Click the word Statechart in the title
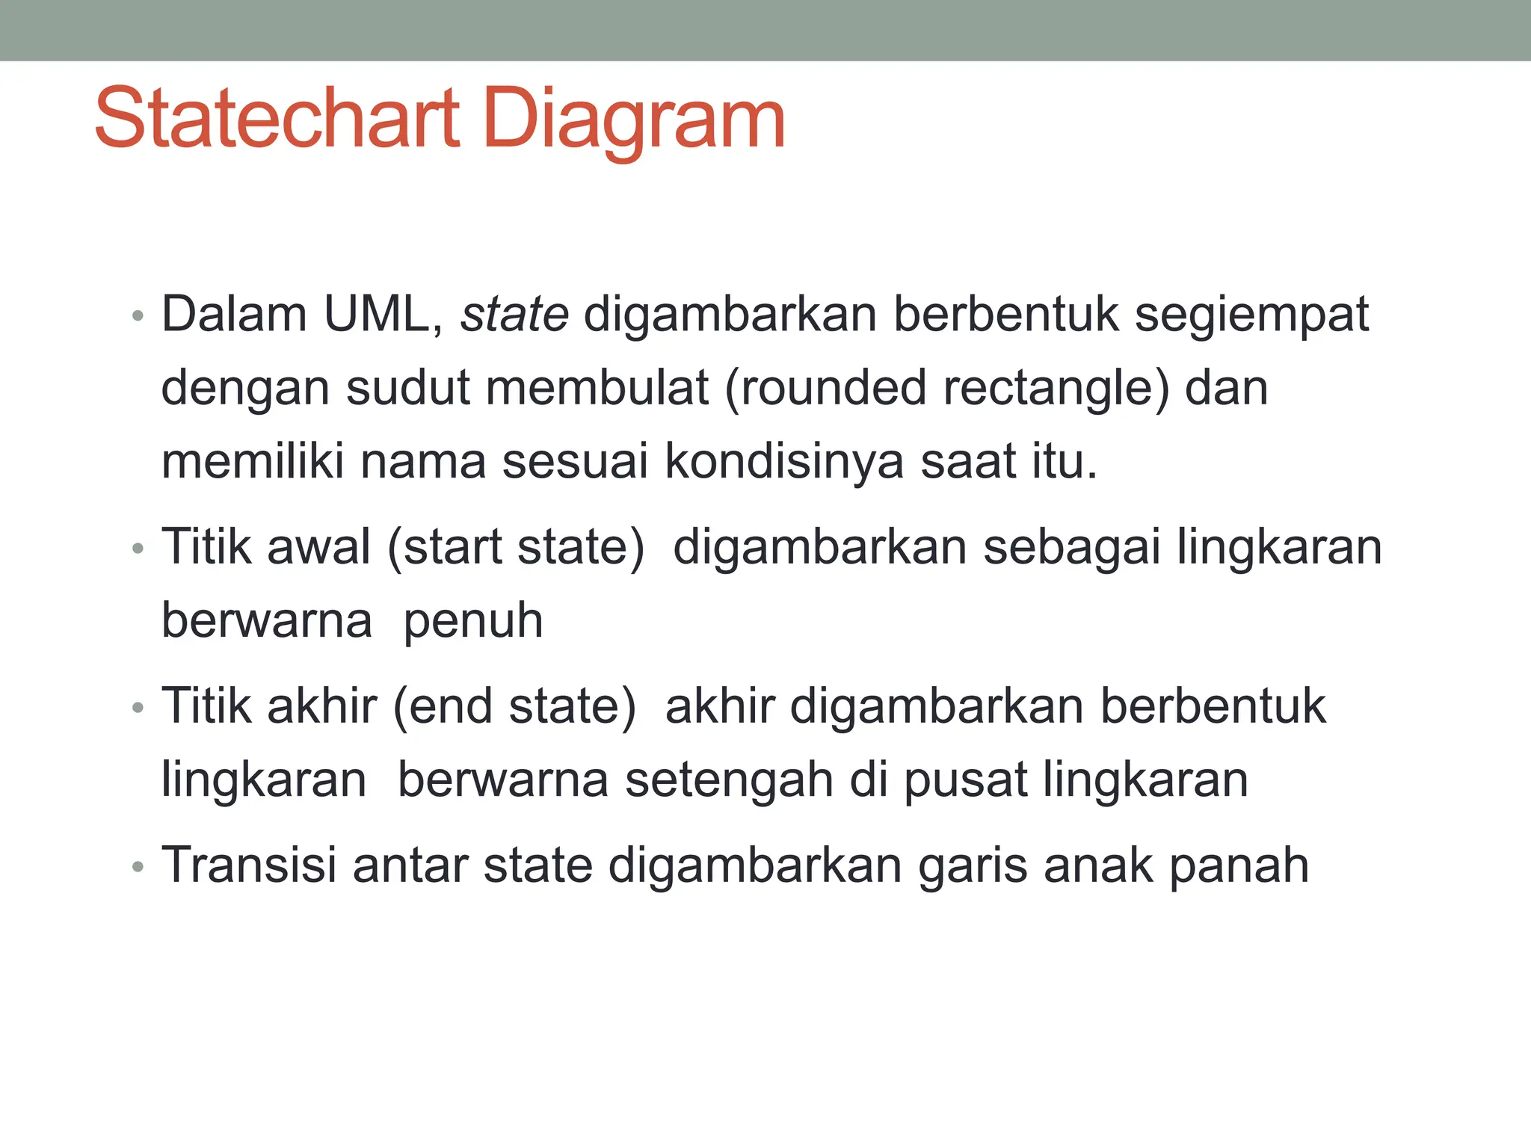click(x=278, y=120)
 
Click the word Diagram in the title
click(x=634, y=120)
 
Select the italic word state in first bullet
click(x=514, y=314)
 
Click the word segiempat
click(x=1251, y=315)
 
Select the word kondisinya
click(x=784, y=462)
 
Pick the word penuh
click(x=472, y=622)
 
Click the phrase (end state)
click(x=514, y=707)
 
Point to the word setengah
click(x=729, y=780)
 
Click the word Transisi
click(x=249, y=865)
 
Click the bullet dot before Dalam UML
click(x=137, y=315)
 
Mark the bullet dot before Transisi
click(x=137, y=867)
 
